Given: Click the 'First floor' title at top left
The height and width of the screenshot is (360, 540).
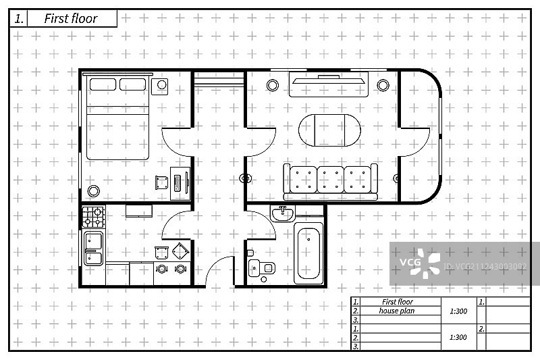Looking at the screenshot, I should click(x=71, y=19).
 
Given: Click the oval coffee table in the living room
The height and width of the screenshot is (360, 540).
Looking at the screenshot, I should click(x=329, y=129).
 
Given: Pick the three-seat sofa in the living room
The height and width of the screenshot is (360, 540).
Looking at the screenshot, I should click(x=330, y=180).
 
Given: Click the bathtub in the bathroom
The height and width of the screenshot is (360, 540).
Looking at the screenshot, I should click(x=309, y=255).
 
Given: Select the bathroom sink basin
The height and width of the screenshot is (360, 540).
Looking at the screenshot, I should click(x=282, y=214).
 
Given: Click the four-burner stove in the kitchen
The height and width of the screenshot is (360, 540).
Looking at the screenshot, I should click(x=94, y=216).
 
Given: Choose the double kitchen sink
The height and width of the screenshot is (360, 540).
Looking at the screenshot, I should click(x=93, y=248).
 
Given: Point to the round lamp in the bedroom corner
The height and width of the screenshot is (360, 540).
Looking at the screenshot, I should click(x=94, y=190).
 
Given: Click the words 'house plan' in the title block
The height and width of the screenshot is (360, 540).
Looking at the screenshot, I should click(x=397, y=311).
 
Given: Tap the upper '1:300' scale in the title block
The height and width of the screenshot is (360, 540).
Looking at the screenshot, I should click(x=458, y=311).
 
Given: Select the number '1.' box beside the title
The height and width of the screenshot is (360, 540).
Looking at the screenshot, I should click(x=18, y=19).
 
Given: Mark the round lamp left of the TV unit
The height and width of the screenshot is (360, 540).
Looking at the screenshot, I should click(x=273, y=85).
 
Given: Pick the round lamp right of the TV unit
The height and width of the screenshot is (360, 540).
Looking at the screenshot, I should click(x=383, y=85).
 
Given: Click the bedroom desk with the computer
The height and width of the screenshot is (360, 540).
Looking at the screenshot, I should click(x=180, y=183).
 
